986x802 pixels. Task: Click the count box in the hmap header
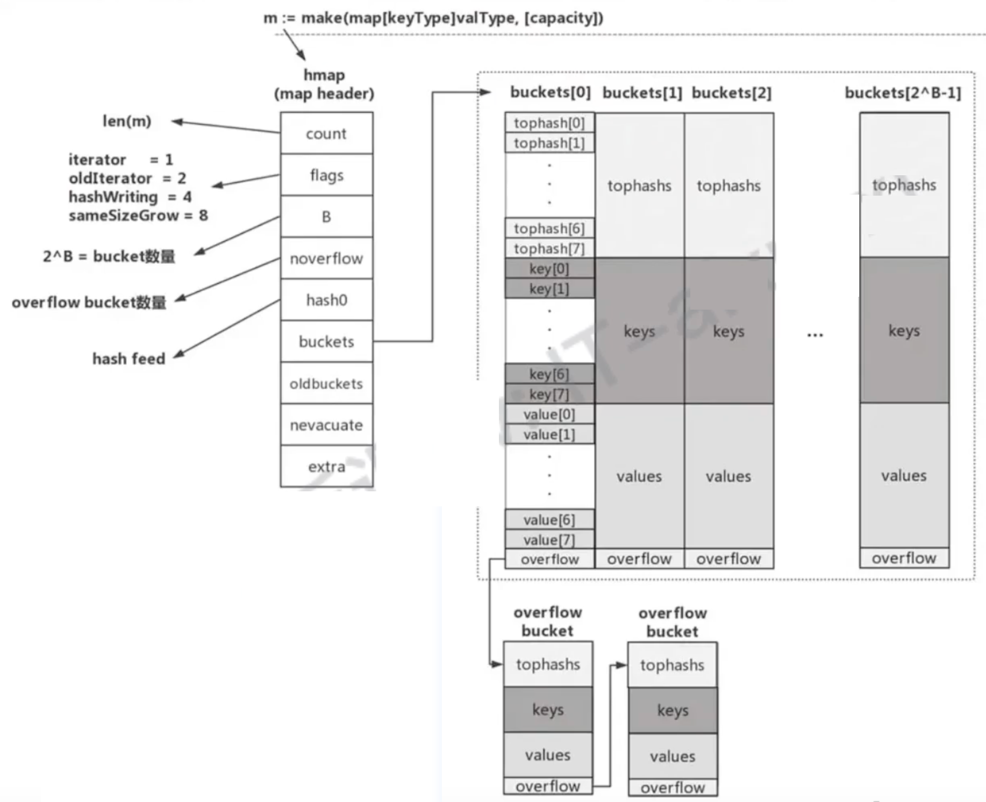tap(326, 133)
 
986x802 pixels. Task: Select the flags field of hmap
tap(326, 175)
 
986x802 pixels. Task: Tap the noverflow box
tap(326, 259)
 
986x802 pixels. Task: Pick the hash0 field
tap(326, 300)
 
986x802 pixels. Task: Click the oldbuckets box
tap(326, 384)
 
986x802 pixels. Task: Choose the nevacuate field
tap(326, 425)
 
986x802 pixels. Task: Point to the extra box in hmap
tap(326, 467)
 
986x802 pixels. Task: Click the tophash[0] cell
tap(549, 123)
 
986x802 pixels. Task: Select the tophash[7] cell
tap(549, 249)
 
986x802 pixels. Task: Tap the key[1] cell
tap(549, 289)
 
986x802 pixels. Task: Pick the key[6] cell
tap(549, 374)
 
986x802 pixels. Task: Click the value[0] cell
tap(549, 414)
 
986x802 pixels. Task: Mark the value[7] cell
tap(549, 540)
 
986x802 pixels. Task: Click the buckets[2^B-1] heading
tap(903, 93)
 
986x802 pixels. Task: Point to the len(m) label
tap(127, 121)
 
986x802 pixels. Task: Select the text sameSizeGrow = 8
tap(138, 216)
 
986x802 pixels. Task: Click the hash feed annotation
tap(128, 359)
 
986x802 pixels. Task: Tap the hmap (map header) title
tap(324, 84)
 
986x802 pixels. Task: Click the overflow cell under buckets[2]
tap(728, 559)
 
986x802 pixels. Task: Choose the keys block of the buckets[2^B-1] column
tap(904, 331)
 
